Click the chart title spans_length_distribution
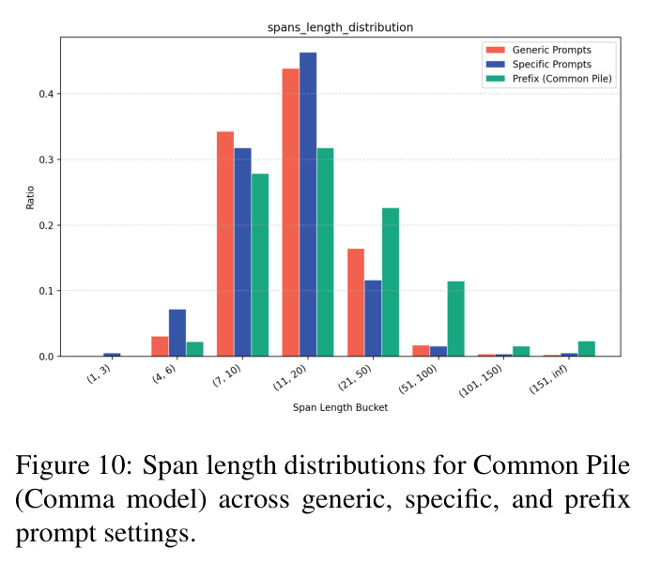(x=340, y=27)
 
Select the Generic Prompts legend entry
(x=538, y=50)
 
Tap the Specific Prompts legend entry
(x=538, y=64)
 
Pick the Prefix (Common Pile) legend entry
(x=548, y=79)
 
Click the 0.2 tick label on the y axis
(x=47, y=225)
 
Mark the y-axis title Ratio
(x=30, y=198)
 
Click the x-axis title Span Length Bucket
(x=340, y=407)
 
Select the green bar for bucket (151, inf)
(x=587, y=349)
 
